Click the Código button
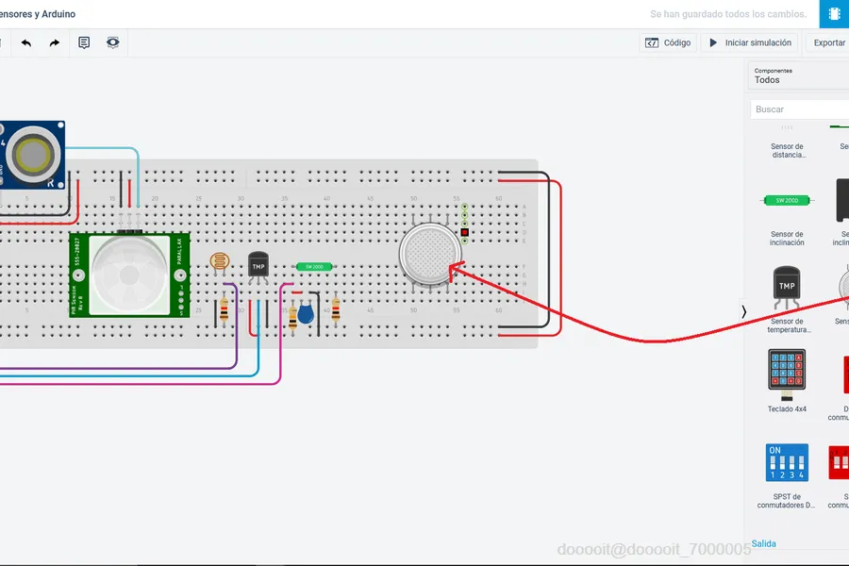(668, 42)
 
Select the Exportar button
(829, 42)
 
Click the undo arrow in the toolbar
(26, 42)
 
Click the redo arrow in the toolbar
(55, 42)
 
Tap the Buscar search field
(797, 109)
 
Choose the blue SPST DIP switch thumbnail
(787, 462)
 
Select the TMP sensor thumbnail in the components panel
(787, 287)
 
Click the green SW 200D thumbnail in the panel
(787, 200)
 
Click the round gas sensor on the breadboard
(430, 255)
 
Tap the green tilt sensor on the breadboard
(315, 266)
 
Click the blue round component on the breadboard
(306, 316)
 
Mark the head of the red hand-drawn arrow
(451, 268)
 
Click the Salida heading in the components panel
(764, 543)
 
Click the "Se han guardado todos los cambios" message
(728, 14)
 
